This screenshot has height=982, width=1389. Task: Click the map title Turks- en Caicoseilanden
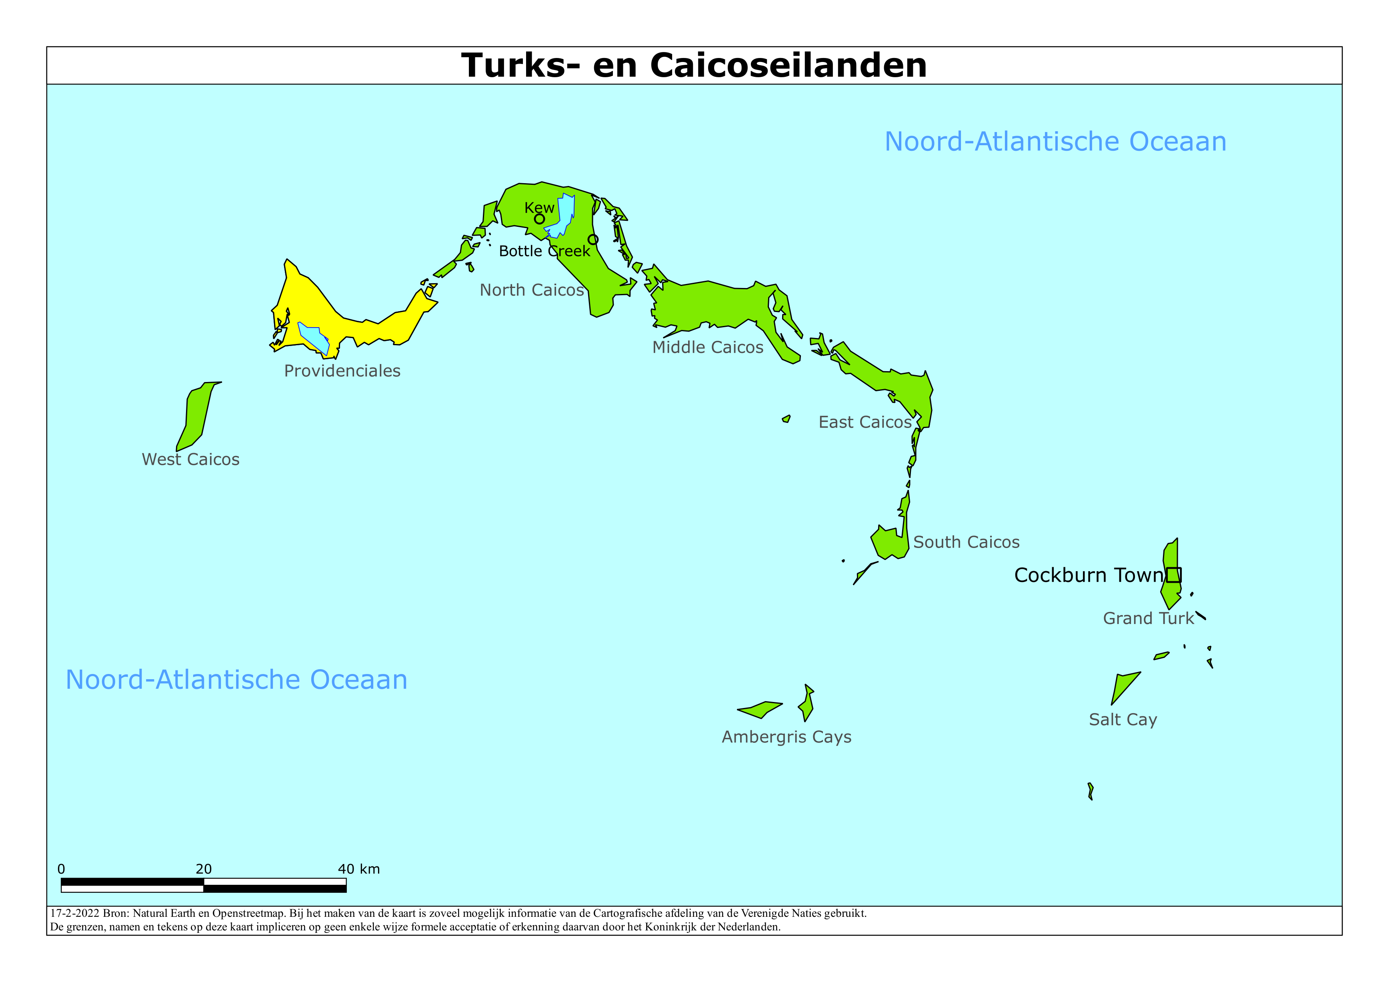pyautogui.click(x=694, y=65)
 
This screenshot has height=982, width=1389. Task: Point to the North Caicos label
pyautogui.click(x=532, y=290)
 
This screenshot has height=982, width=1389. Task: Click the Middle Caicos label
pyautogui.click(x=708, y=347)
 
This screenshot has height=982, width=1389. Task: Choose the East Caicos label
pyautogui.click(x=865, y=422)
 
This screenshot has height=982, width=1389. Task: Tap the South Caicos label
pyautogui.click(x=966, y=542)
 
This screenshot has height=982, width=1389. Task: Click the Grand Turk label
pyautogui.click(x=1148, y=618)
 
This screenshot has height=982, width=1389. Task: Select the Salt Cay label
pyautogui.click(x=1123, y=720)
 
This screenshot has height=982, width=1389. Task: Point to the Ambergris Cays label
pyautogui.click(x=787, y=737)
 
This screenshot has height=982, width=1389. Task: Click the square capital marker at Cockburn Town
pyautogui.click(x=1174, y=575)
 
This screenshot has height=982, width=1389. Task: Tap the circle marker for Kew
pyautogui.click(x=539, y=219)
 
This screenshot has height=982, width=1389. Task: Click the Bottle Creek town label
pyautogui.click(x=544, y=251)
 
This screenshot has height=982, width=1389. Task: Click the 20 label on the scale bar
pyautogui.click(x=204, y=869)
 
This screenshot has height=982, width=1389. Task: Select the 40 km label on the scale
pyautogui.click(x=359, y=869)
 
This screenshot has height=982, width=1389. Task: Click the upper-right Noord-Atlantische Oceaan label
pyautogui.click(x=1055, y=142)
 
